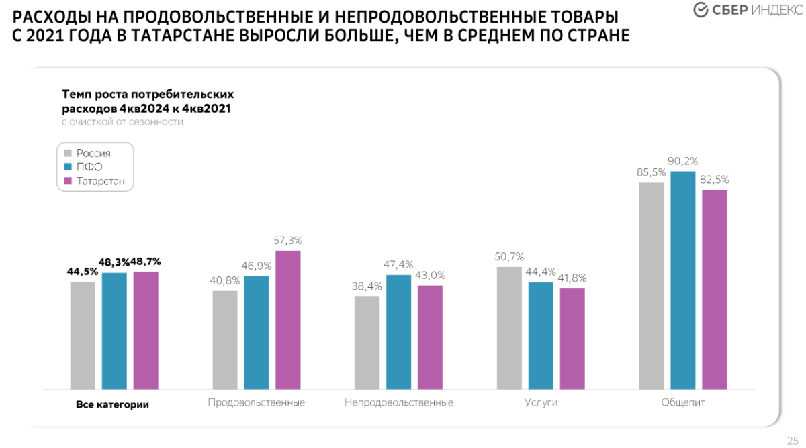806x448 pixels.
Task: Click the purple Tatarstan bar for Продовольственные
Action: (x=288, y=320)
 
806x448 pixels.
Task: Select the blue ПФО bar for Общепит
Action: (x=683, y=280)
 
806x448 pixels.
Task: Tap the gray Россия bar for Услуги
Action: (x=509, y=328)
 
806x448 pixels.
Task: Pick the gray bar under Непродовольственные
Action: (x=367, y=343)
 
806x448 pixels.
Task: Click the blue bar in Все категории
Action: (x=114, y=331)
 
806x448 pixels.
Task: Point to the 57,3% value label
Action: (x=288, y=240)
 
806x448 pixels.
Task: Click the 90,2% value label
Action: (x=683, y=161)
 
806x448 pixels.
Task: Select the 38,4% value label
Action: (x=367, y=286)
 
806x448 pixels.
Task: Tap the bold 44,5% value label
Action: (x=83, y=272)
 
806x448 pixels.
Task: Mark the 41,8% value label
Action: (x=573, y=278)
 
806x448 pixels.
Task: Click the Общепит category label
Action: (x=683, y=403)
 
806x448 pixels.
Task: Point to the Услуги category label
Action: (x=541, y=403)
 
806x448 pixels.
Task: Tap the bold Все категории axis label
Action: (x=113, y=405)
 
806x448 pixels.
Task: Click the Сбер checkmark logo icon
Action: (x=701, y=10)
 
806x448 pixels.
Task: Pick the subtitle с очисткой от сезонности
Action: (x=122, y=122)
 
